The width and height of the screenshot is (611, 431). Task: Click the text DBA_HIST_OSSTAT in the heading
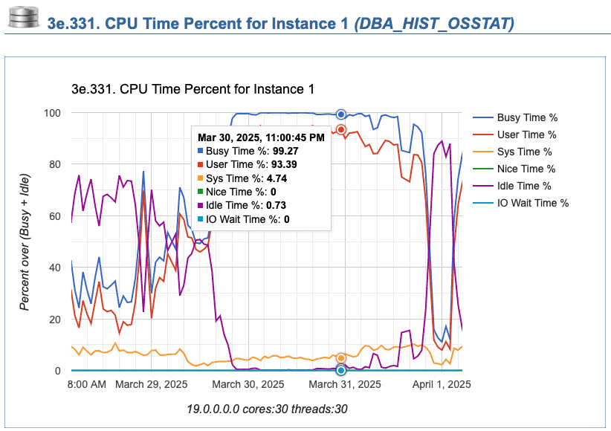[434, 24]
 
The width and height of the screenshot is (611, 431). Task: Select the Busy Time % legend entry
[527, 117]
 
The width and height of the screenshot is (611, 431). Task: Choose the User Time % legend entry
[526, 135]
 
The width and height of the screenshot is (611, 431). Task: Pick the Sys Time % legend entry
[526, 152]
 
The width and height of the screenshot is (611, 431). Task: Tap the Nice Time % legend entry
[526, 169]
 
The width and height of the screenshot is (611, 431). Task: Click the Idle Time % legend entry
[524, 186]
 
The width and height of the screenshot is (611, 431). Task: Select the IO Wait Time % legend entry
[532, 203]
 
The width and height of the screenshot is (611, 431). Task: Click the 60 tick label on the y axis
[54, 216]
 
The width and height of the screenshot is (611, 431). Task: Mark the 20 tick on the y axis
[54, 320]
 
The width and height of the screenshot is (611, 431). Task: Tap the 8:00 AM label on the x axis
[86, 384]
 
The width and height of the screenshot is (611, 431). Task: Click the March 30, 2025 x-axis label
[248, 384]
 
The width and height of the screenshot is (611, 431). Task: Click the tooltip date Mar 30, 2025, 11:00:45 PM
[260, 137]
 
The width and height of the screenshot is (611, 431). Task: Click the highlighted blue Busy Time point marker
[341, 114]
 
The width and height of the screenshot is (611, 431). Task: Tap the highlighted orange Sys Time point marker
[341, 358]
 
